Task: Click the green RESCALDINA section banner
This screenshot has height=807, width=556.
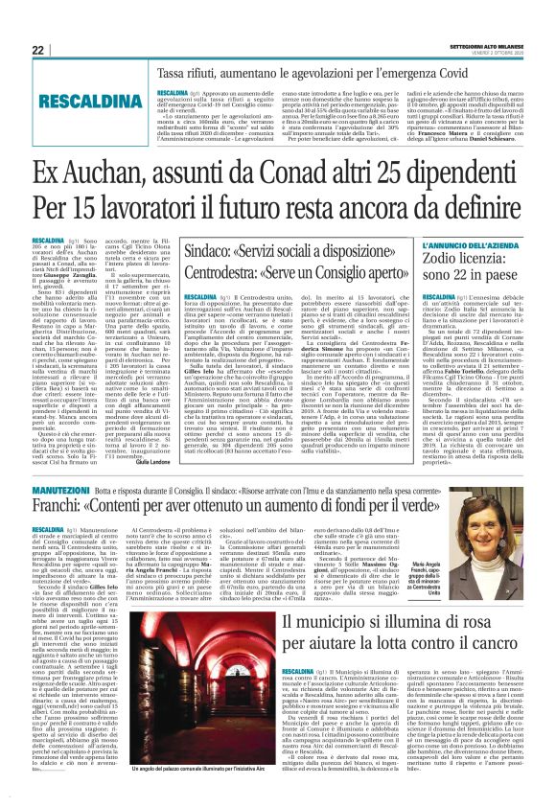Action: click(x=82, y=100)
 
